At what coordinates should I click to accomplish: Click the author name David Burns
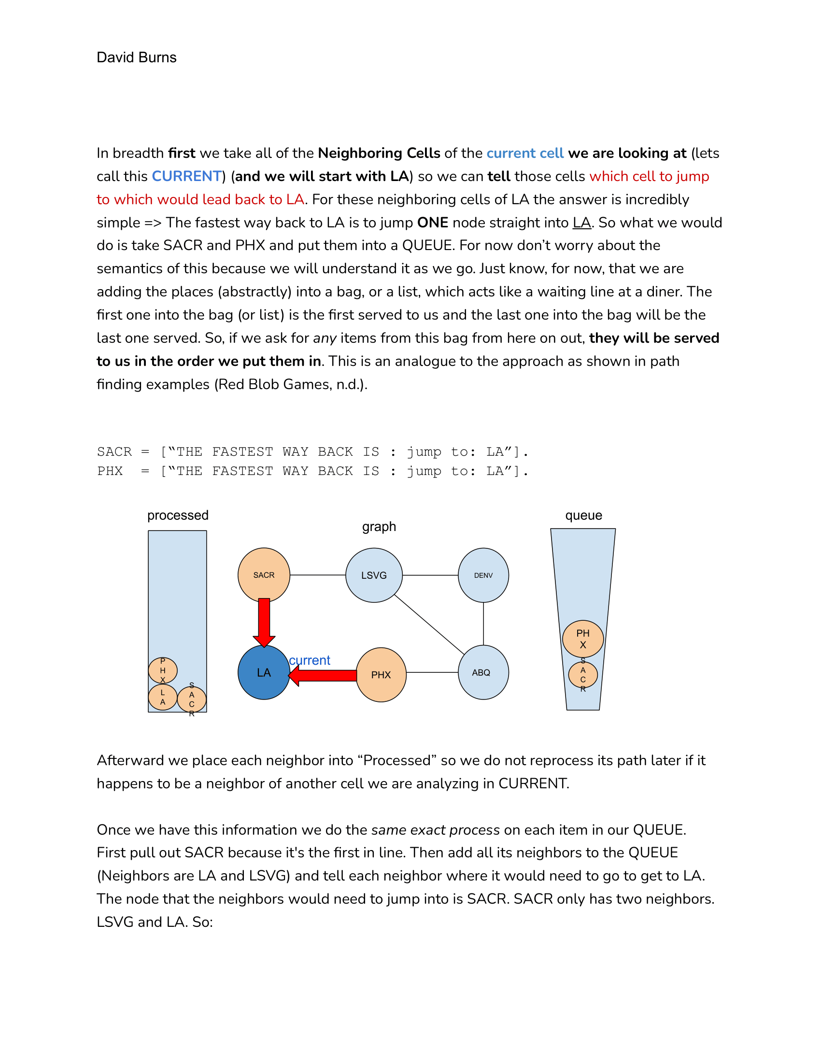(136, 57)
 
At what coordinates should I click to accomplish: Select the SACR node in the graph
(264, 574)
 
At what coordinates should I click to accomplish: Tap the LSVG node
(373, 575)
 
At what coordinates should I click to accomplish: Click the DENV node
(483, 575)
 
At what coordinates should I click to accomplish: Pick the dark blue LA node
(264, 672)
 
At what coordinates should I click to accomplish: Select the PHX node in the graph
(381, 674)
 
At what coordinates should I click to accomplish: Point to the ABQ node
(483, 672)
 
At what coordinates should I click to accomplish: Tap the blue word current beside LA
(310, 660)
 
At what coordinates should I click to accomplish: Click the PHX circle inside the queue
(583, 639)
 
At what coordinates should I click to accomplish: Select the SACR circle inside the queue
(583, 674)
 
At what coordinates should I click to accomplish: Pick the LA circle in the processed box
(162, 698)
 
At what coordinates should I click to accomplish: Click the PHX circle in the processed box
(162, 671)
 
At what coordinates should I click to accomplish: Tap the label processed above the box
(178, 516)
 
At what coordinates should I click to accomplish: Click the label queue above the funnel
(583, 516)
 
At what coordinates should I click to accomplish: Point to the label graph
(379, 527)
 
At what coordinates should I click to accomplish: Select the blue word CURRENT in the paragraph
(187, 176)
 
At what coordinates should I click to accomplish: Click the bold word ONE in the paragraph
(432, 223)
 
